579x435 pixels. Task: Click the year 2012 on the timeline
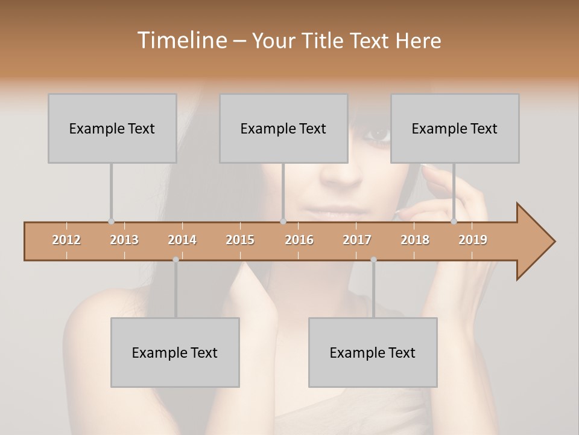click(66, 240)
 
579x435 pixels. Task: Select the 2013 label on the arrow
click(124, 240)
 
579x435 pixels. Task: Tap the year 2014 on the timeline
click(182, 240)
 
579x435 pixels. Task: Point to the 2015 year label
click(240, 240)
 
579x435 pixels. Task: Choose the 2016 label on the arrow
click(299, 240)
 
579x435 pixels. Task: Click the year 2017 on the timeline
click(357, 240)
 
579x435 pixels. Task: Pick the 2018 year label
click(415, 240)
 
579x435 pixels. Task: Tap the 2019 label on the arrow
click(473, 240)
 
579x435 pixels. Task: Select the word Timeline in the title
click(181, 40)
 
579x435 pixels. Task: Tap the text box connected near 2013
click(112, 128)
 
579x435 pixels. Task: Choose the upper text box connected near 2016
click(283, 128)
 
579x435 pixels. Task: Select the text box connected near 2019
click(455, 128)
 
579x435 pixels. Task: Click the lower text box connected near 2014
click(175, 352)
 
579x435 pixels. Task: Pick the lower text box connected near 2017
click(373, 352)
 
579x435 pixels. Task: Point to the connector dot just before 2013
click(111, 221)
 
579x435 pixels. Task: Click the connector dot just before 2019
click(454, 221)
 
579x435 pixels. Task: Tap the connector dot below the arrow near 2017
click(373, 260)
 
